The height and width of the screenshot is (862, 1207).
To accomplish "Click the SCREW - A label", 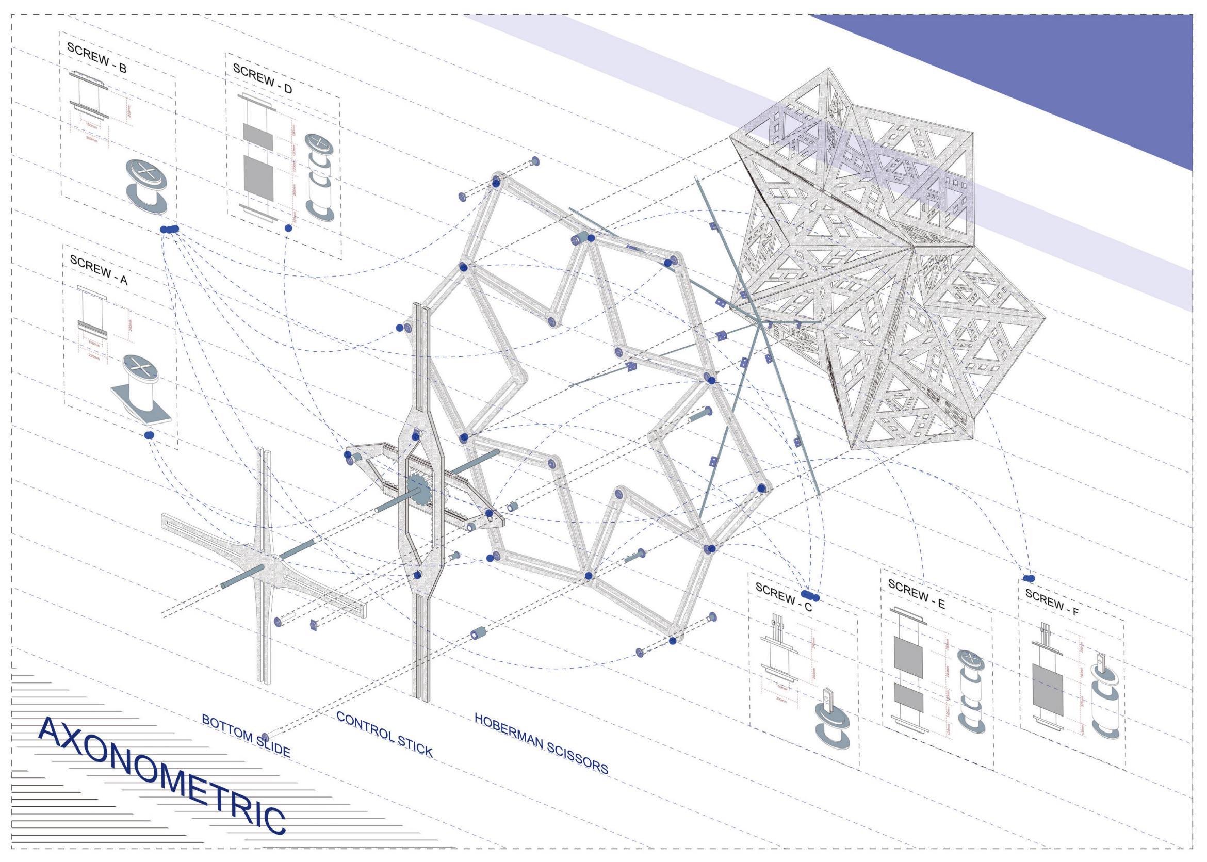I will [99, 270].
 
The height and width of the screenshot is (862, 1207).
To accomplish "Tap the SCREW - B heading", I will [96, 57].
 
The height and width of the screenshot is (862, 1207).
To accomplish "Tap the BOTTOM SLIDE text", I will [246, 735].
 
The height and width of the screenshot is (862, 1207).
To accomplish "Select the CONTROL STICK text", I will [384, 735].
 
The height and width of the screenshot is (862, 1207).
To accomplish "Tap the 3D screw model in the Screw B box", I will [149, 186].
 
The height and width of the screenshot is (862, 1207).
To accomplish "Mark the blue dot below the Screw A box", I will [149, 435].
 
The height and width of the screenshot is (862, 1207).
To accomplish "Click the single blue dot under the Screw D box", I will [288, 227].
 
